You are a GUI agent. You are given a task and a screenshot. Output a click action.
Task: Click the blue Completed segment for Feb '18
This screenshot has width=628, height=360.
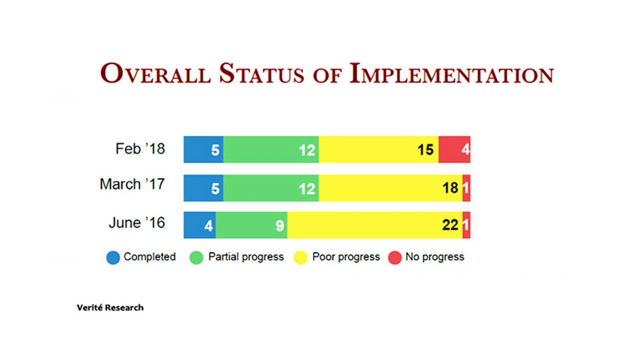click(203, 150)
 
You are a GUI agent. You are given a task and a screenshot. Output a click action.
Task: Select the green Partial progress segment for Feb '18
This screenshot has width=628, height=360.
click(271, 150)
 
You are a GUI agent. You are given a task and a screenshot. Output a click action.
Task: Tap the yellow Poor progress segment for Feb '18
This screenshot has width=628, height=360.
click(378, 150)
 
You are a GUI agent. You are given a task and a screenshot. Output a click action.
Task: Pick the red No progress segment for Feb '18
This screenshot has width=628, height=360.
click(454, 150)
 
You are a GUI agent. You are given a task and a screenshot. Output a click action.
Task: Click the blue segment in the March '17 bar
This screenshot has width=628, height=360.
click(203, 188)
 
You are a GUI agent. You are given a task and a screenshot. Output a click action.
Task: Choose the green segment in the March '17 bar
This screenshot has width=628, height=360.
click(271, 188)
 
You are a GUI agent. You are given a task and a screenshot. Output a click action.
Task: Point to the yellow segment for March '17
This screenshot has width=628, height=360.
click(390, 188)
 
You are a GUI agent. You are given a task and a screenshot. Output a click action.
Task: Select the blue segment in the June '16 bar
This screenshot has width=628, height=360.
click(199, 226)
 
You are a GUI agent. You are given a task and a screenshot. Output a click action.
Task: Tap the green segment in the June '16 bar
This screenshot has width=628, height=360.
click(251, 226)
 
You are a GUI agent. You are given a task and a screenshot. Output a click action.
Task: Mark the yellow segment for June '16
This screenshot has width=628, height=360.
click(374, 226)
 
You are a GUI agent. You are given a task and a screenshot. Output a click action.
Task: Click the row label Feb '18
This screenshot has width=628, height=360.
click(140, 149)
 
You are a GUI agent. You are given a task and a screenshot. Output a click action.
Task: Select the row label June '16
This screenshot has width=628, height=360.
click(137, 223)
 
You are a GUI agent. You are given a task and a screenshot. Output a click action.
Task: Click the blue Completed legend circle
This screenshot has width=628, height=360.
click(113, 257)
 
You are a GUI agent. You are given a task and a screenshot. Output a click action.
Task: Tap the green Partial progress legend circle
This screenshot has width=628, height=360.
click(197, 257)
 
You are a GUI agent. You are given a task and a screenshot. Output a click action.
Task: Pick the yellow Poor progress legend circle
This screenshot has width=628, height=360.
click(301, 257)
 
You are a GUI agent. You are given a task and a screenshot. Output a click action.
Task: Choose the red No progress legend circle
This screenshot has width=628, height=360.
click(395, 257)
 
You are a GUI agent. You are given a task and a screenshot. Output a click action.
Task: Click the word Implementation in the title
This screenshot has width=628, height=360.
click(451, 74)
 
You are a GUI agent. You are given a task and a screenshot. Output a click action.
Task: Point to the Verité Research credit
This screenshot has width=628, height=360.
click(110, 308)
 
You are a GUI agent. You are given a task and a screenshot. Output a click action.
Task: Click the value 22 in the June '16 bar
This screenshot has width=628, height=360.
click(450, 226)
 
